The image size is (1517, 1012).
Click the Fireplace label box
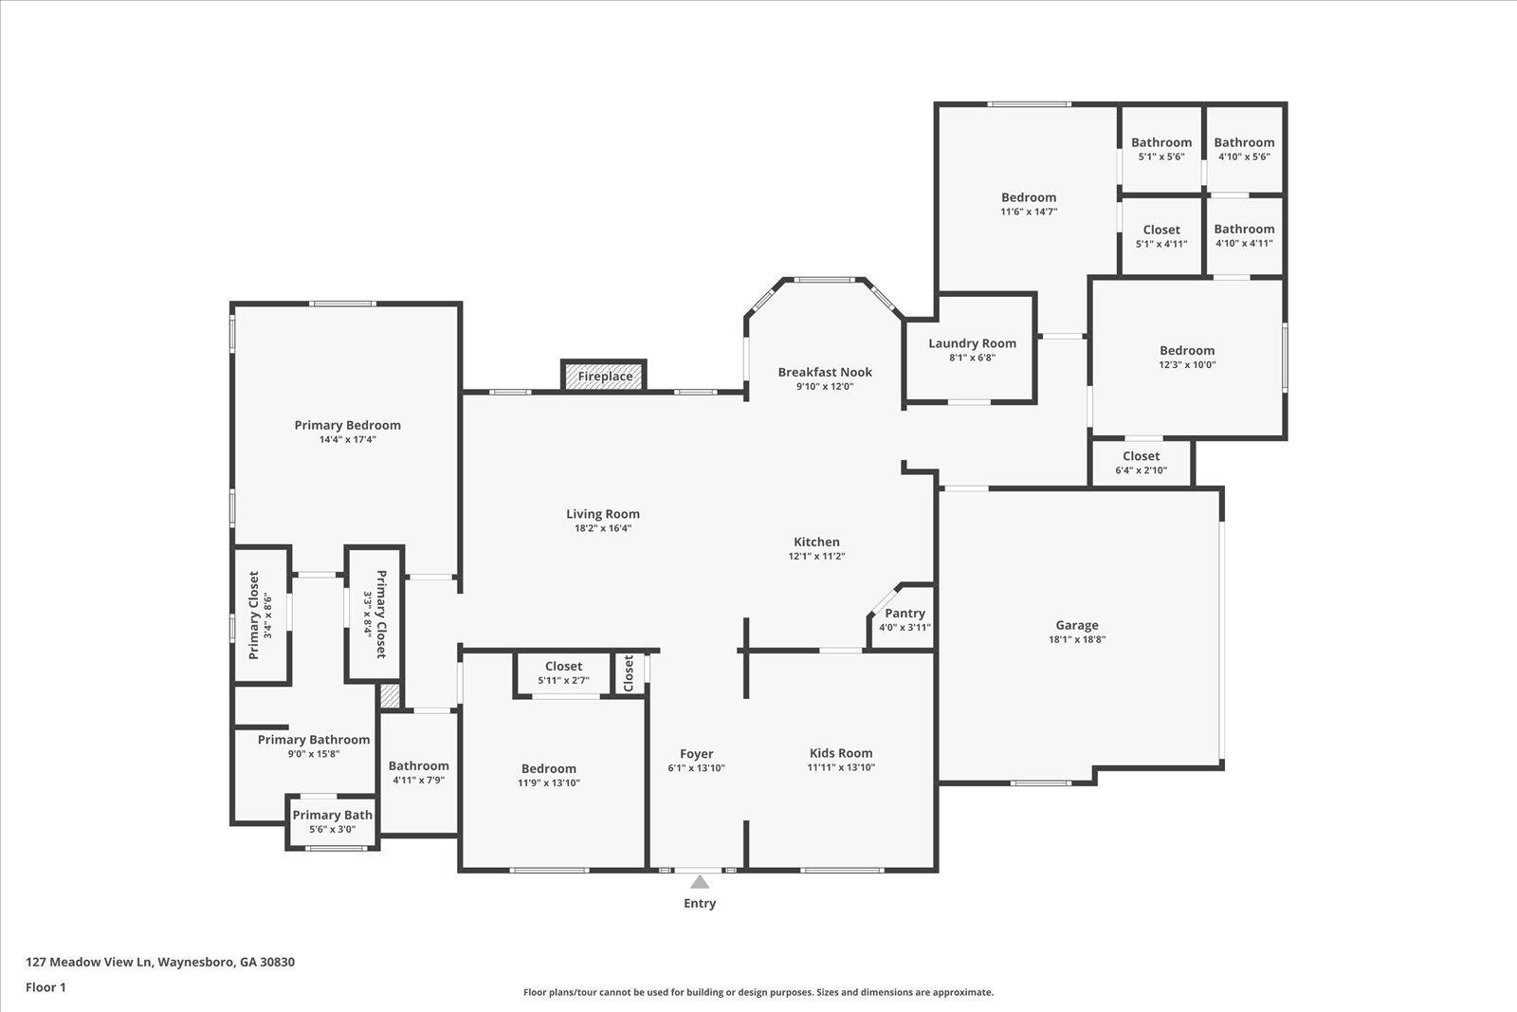click(605, 377)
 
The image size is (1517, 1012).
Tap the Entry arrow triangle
click(699, 882)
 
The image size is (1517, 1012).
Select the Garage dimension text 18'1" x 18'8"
click(1077, 639)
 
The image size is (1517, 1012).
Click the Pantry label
click(905, 614)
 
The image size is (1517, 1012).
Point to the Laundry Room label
click(972, 343)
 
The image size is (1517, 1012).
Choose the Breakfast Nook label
click(825, 372)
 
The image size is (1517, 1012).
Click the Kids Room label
click(840, 753)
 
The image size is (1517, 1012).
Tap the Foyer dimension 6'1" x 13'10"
click(696, 768)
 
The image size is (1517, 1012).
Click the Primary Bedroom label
click(347, 425)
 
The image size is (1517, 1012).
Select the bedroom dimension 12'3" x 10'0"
click(1186, 364)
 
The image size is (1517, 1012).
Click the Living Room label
click(603, 514)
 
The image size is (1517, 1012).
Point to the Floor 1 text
click(46, 987)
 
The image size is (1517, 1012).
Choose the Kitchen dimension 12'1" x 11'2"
click(816, 557)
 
